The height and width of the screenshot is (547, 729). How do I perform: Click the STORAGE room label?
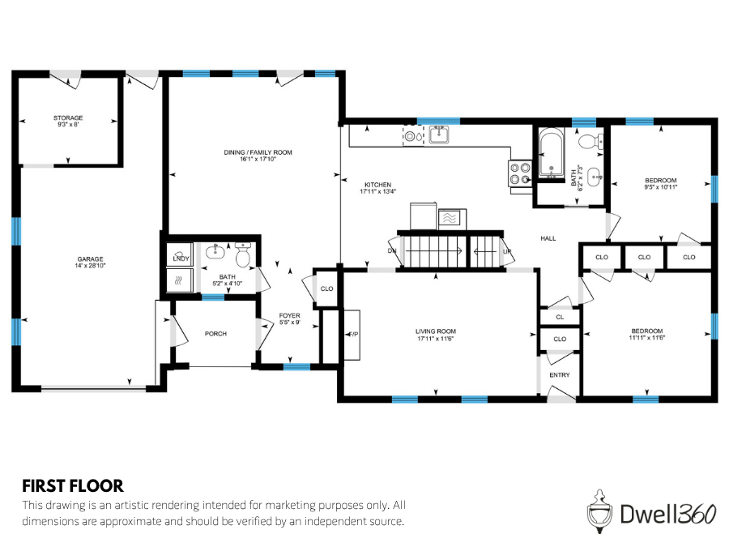[x=69, y=118]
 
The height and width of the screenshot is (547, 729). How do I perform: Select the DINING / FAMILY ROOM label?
[x=258, y=152]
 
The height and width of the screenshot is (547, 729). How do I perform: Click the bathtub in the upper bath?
[x=552, y=155]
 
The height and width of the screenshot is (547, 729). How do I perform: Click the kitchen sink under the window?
[x=439, y=135]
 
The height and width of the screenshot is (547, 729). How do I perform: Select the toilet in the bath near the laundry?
[x=243, y=258]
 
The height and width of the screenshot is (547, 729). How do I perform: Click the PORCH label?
[x=215, y=333]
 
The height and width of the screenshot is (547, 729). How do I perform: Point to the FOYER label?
[x=289, y=315]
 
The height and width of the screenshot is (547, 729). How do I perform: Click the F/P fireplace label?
[x=353, y=334]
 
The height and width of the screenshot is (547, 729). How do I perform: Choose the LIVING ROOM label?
[x=436, y=331]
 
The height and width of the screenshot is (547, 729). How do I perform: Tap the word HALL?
[x=548, y=238]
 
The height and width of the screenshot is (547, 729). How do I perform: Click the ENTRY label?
[x=559, y=375]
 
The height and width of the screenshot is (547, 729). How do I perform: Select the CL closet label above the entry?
[x=560, y=317]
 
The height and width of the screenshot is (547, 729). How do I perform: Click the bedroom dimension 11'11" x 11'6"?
[x=647, y=338]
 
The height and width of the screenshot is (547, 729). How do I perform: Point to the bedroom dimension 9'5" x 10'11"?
[x=660, y=187]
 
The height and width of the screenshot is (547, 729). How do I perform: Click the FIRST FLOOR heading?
[x=73, y=486]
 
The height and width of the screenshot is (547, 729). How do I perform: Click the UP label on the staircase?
[x=508, y=251]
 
